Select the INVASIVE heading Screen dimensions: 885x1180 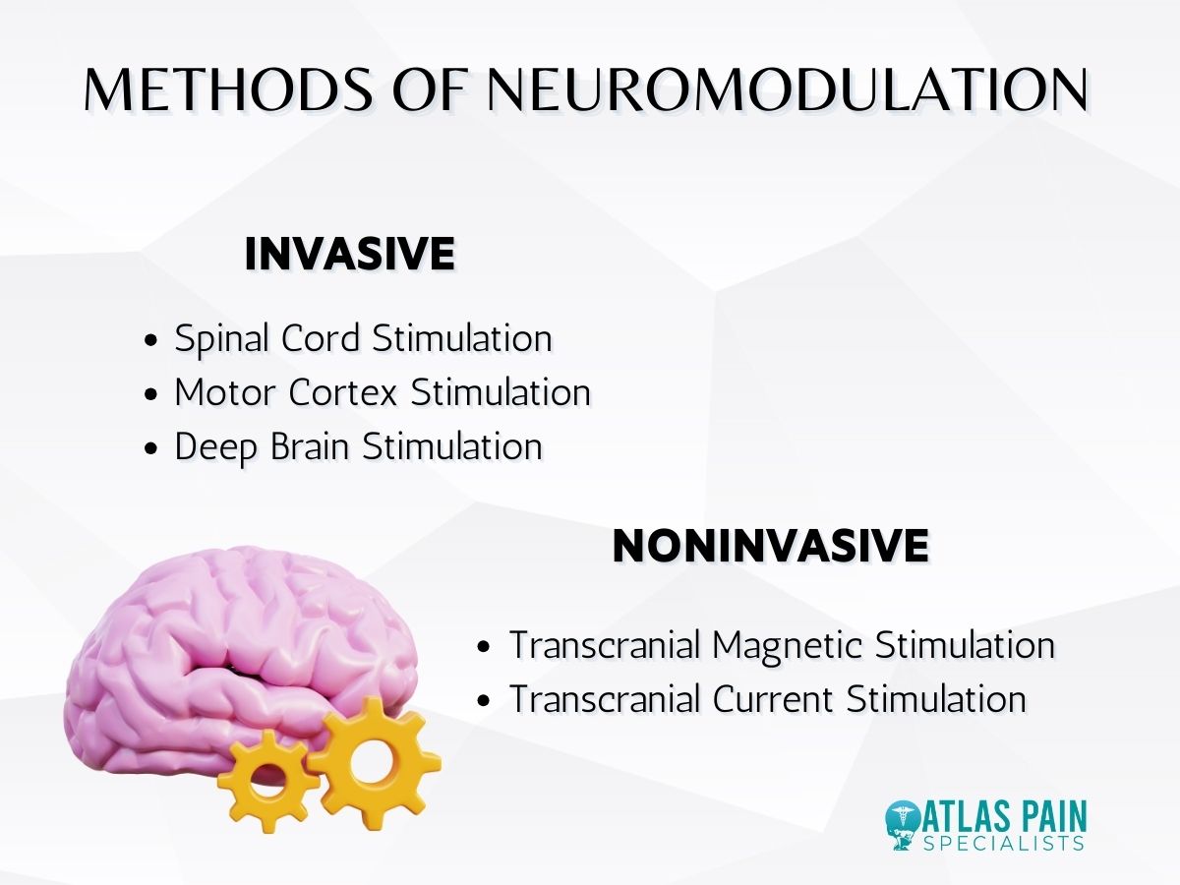tap(349, 255)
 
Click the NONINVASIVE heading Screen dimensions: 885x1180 tap(770, 546)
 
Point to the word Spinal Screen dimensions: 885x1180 tap(221, 339)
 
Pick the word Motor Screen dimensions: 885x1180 tap(225, 392)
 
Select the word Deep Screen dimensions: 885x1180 tap(212, 446)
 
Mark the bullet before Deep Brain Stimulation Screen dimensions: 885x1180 tap(150, 448)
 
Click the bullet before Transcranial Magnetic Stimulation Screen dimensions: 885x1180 tap(483, 648)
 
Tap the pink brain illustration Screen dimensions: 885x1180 tap(226, 639)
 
